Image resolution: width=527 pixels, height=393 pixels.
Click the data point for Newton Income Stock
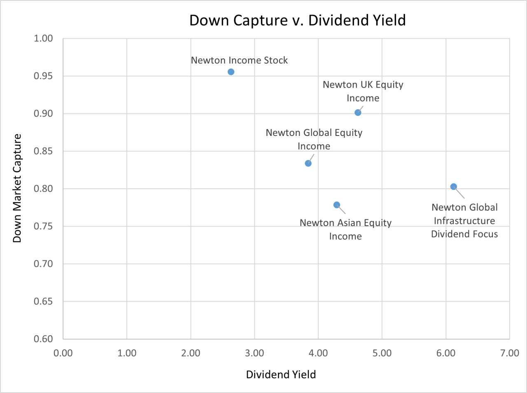231,72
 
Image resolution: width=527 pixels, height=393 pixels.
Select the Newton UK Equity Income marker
358,112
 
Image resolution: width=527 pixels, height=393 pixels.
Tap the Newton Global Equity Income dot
308,163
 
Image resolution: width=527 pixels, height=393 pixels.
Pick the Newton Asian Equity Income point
337,205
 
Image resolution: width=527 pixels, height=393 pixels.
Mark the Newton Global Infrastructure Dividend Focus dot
454,187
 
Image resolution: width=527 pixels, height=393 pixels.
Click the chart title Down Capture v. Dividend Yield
297,20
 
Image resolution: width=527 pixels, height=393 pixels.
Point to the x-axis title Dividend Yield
281,374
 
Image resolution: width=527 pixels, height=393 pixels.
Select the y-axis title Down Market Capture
17,188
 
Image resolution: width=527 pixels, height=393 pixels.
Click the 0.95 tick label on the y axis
43,76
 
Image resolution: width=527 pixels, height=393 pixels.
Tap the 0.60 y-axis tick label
43,339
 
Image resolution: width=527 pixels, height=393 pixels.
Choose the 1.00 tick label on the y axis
43,38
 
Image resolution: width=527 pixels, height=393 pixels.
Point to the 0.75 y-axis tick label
43,226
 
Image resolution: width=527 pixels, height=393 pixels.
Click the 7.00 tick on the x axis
510,353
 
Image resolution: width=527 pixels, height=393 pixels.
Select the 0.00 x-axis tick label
63,353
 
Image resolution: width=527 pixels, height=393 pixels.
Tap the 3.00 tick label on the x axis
254,353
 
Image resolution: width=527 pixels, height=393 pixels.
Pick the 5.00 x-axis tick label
382,353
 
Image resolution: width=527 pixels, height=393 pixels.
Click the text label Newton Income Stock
239,60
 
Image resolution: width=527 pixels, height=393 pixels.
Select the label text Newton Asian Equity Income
345,229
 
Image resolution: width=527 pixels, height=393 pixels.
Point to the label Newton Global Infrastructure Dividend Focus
464,221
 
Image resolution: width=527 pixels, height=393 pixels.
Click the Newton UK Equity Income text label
363,91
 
